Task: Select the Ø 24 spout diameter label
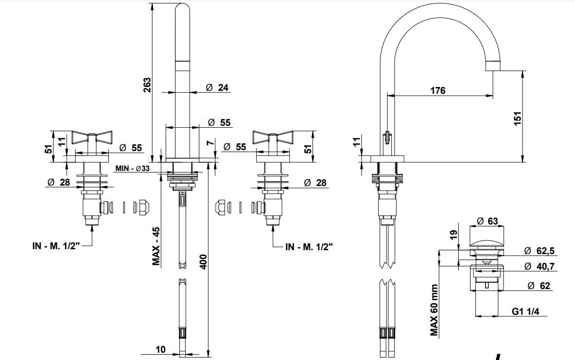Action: pyautogui.click(x=217, y=87)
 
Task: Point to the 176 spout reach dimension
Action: pyautogui.click(x=437, y=90)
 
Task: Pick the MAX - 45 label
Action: pyautogui.click(x=157, y=246)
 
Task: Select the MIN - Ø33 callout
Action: pyautogui.click(x=133, y=169)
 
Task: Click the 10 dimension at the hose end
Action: pyautogui.click(x=161, y=349)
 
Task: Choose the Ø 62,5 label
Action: pyautogui.click(x=539, y=251)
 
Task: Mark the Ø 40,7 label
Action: pyautogui.click(x=539, y=266)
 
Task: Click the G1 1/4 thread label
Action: pyautogui.click(x=525, y=311)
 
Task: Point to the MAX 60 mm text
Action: pyautogui.click(x=434, y=310)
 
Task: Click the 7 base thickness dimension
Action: pyautogui.click(x=209, y=142)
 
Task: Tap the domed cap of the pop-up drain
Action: pyautogui.click(x=487, y=241)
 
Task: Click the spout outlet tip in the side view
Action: pyautogui.click(x=493, y=66)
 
